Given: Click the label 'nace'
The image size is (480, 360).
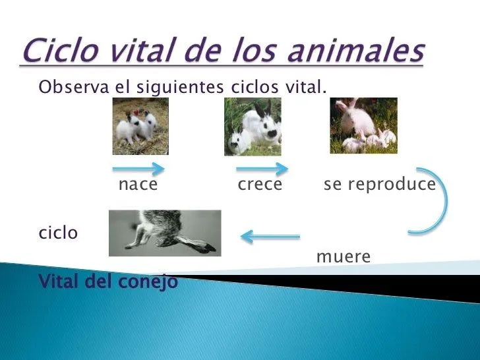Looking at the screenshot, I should pyautogui.click(x=138, y=185).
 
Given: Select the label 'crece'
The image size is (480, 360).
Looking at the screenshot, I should pyautogui.click(x=259, y=185).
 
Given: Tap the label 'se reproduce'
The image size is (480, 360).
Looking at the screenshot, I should pyautogui.click(x=379, y=185).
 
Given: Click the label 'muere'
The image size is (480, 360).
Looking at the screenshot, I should pyautogui.click(x=343, y=256).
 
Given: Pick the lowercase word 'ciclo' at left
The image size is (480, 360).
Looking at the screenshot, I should pyautogui.click(x=58, y=233).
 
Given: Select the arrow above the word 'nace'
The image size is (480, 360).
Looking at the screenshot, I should pyautogui.click(x=138, y=168).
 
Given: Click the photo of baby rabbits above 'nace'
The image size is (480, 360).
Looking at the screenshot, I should pyautogui.click(x=140, y=126).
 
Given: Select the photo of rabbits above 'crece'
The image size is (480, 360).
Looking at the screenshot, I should pyautogui.click(x=253, y=127).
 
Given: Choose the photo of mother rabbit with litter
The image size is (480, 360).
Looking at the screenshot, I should pyautogui.click(x=363, y=125).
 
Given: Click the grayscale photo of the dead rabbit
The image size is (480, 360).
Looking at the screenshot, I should pyautogui.click(x=165, y=233).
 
